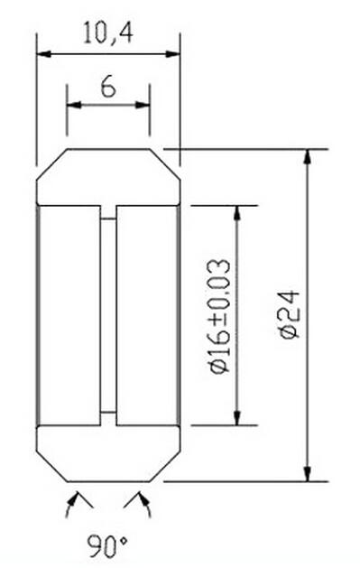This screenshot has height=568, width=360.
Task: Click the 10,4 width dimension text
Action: (107, 33)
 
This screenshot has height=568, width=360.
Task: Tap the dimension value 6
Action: (108, 87)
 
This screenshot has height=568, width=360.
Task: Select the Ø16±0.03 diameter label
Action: (219, 316)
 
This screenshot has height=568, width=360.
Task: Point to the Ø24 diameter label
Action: (290, 314)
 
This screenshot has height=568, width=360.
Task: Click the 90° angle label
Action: (107, 546)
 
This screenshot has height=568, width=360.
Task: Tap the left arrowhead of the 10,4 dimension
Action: (43, 54)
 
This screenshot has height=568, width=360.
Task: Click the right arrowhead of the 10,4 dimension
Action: (173, 54)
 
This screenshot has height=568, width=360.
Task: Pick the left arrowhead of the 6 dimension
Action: (74, 105)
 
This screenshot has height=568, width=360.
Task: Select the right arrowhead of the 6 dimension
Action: (143, 105)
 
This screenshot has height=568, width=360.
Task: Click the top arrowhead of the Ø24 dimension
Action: (307, 156)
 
